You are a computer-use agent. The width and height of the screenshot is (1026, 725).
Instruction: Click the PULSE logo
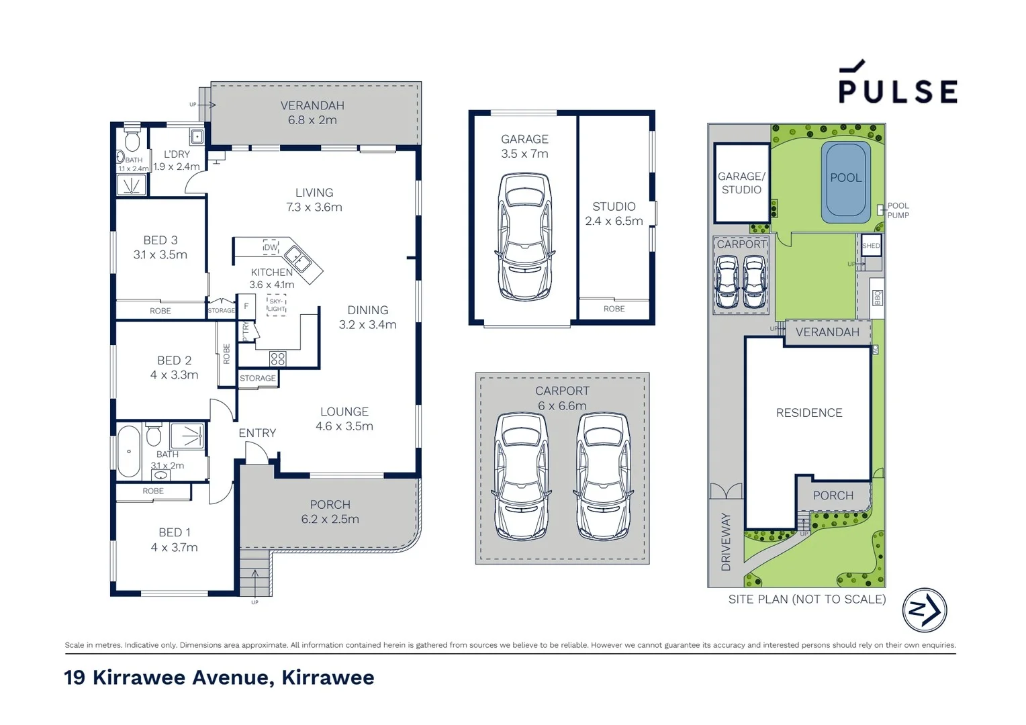[898, 84]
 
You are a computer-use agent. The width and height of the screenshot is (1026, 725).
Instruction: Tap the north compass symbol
[924, 610]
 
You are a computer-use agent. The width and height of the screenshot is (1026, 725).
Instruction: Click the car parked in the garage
[524, 236]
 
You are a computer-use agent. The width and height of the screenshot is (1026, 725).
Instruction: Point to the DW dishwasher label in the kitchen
[271, 247]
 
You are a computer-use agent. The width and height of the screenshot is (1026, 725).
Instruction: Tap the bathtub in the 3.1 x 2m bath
[128, 452]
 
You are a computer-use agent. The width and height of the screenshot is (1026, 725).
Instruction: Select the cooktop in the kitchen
[277, 358]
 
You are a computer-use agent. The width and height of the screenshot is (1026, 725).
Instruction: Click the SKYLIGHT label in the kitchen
[276, 305]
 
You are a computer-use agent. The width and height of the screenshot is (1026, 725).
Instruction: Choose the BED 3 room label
[160, 240]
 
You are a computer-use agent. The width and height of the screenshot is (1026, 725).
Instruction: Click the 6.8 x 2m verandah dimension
[312, 120]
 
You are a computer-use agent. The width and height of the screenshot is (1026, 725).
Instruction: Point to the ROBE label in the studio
[614, 309]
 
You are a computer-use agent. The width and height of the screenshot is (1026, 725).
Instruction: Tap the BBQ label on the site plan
[877, 297]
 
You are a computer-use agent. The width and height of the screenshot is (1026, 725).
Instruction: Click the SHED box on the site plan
[871, 246]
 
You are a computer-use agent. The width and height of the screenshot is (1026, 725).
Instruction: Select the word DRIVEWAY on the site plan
[726, 542]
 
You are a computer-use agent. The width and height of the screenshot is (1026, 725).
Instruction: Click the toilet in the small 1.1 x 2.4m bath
[132, 141]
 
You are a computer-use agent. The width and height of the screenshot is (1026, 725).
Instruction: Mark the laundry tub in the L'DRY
[196, 137]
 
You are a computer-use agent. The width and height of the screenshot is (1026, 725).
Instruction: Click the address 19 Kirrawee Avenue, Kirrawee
[219, 677]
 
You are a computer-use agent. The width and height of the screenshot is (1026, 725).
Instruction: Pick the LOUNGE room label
[344, 412]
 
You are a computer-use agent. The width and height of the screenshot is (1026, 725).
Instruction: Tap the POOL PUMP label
[898, 211]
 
